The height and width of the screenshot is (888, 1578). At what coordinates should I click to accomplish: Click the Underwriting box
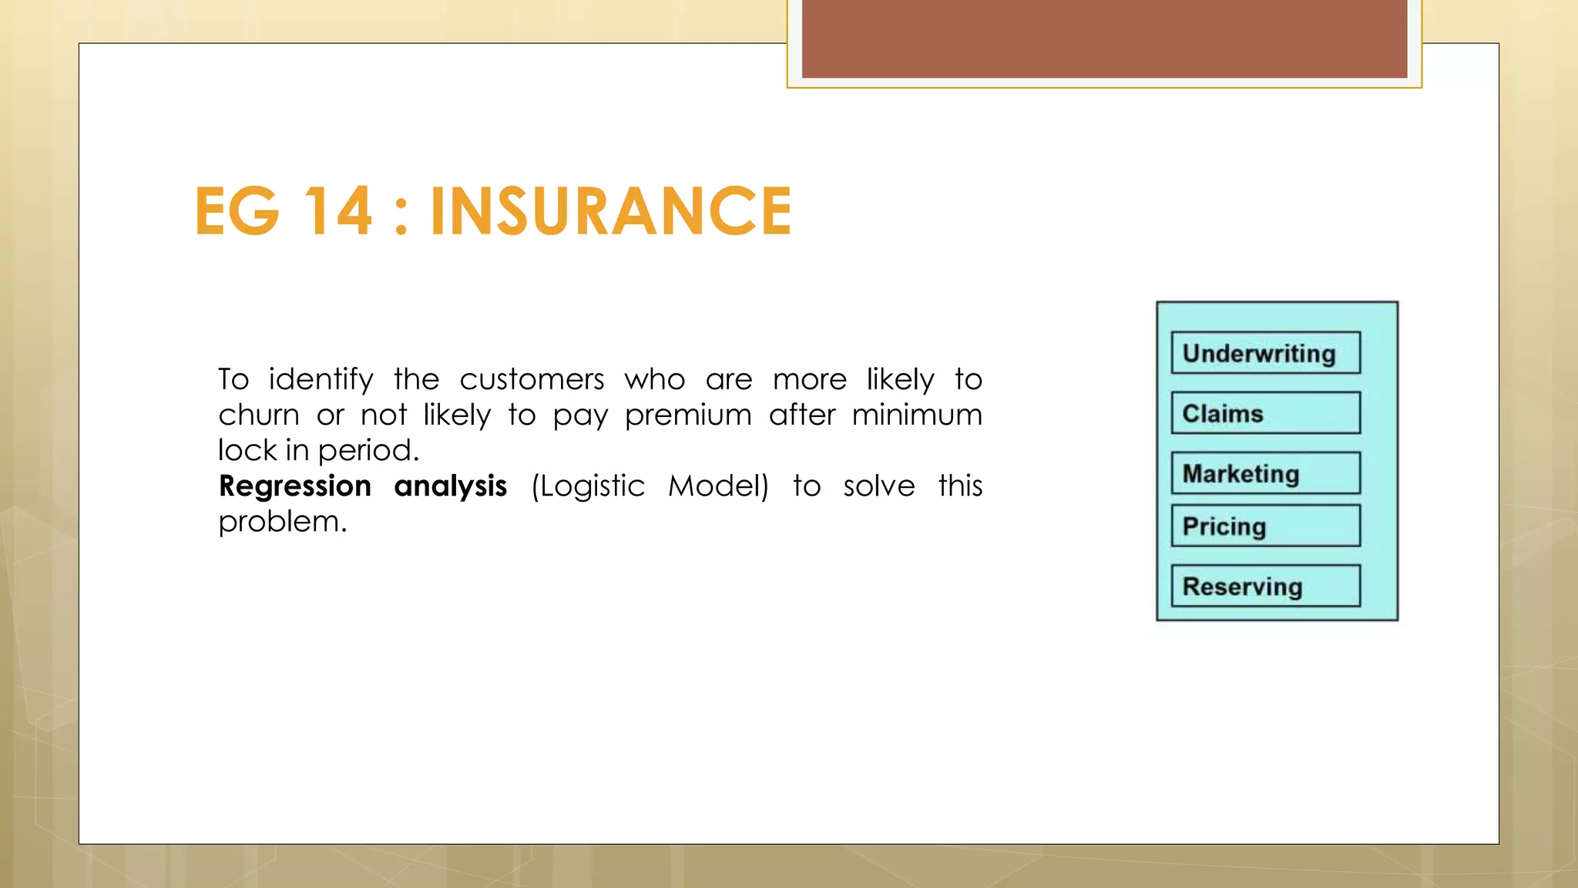coord(1265,353)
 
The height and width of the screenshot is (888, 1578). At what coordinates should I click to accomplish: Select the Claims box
coord(1265,413)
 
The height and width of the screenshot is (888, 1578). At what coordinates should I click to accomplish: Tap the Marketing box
coord(1265,473)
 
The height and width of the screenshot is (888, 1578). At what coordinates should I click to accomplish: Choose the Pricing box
coord(1265,526)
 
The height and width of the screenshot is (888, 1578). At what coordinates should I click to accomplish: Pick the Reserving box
coord(1265,587)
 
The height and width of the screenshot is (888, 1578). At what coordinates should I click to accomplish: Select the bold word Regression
coord(295,486)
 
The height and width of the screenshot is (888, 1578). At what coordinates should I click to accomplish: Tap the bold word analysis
coord(450,486)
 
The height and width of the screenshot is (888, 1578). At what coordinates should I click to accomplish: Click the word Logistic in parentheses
coord(588,486)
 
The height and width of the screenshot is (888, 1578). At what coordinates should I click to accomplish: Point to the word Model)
coord(718,486)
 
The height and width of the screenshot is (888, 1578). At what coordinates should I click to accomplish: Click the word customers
coord(532,380)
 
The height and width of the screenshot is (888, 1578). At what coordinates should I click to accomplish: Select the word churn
coord(258,415)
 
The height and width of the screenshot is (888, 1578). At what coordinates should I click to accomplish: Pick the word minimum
coord(917,415)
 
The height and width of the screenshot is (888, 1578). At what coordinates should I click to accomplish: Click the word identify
coord(321,380)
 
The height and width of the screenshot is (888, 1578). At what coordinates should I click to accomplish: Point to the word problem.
coord(282,523)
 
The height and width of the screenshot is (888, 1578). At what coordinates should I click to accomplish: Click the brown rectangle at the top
coord(1104,39)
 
